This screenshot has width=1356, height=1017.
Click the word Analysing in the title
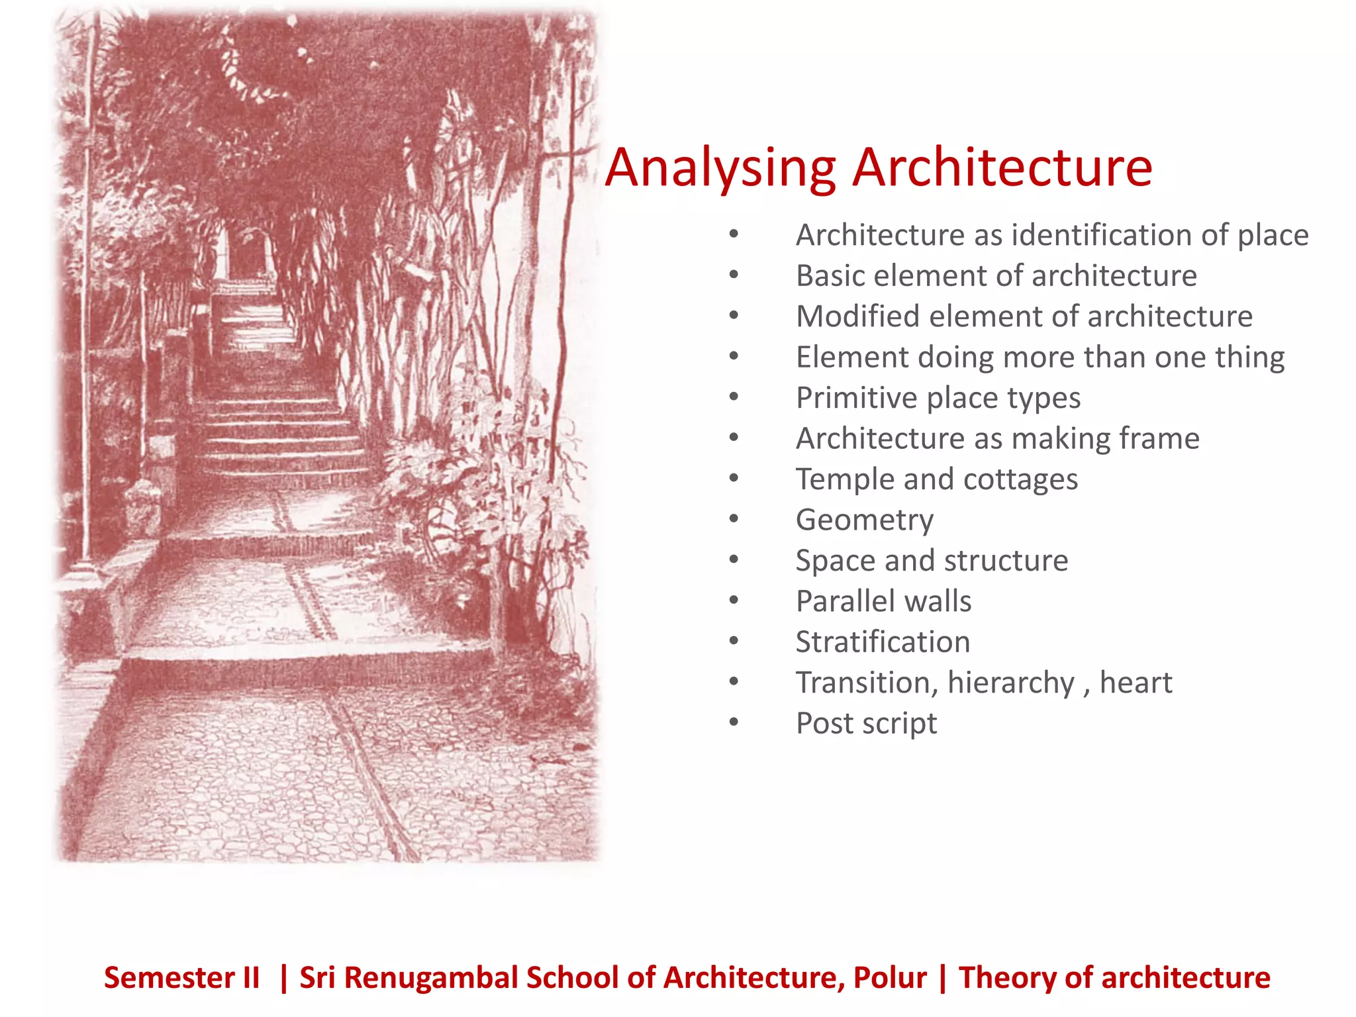[720, 169]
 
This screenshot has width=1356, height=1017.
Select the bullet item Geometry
[865, 520]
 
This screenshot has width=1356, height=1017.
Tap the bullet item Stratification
[883, 642]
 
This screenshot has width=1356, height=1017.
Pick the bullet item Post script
[866, 723]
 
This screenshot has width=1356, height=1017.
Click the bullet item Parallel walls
[883, 601]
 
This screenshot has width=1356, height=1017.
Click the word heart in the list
[1136, 683]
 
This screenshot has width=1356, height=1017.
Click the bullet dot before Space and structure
[734, 560]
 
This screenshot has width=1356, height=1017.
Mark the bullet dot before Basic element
[734, 275]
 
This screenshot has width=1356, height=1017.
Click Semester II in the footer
[181, 978]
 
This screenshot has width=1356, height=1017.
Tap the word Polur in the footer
[890, 978]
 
